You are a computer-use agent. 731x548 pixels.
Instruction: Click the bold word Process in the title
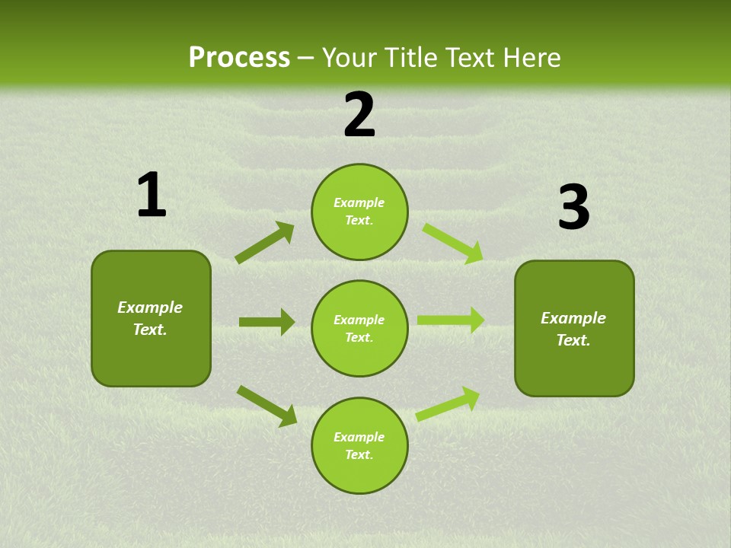point(239,58)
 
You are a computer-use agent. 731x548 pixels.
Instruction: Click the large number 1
point(152,196)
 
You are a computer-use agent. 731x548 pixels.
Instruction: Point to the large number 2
point(359,115)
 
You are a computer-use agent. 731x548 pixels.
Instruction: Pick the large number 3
point(573,208)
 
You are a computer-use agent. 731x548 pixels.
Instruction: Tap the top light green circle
point(359,212)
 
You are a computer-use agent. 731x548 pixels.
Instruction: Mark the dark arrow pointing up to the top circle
point(265,243)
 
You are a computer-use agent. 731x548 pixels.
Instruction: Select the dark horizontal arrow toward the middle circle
point(267,322)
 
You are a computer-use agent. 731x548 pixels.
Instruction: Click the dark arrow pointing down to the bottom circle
point(267,406)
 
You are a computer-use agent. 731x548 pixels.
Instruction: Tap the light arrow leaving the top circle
point(452,243)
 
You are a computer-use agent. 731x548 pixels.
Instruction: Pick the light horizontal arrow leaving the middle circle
point(450,320)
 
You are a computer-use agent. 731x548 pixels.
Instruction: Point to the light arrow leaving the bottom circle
point(448,403)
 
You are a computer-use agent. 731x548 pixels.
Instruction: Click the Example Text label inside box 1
point(150,318)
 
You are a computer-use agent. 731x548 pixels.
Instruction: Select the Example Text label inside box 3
point(573,329)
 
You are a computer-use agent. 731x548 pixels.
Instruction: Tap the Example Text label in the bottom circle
point(359,445)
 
